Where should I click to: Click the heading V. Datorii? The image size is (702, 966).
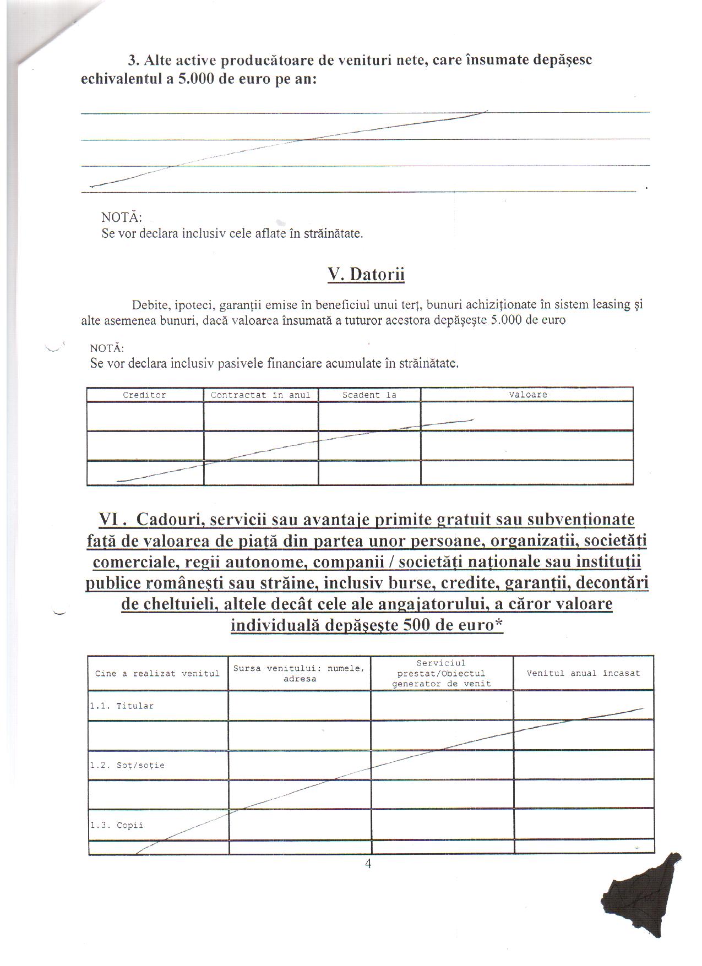pos(366,274)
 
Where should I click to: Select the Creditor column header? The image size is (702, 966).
pos(144,395)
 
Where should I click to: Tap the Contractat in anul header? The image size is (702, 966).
pos(260,395)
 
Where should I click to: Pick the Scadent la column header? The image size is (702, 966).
pos(369,395)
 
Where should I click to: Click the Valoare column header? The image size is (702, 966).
pos(527,395)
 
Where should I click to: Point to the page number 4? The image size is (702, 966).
pos(368,864)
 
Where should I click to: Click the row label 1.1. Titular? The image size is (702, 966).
pos(122,706)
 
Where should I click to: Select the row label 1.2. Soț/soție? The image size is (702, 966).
pos(127,765)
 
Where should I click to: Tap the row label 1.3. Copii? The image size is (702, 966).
pos(116,825)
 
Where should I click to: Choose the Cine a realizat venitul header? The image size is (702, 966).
pos(157,673)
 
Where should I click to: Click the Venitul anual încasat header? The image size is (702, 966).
pos(583,673)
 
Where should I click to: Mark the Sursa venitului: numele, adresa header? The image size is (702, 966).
pos(299,673)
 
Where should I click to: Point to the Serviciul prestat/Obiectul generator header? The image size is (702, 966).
pos(441,673)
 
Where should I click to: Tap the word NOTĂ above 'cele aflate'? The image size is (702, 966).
pos(122,217)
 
